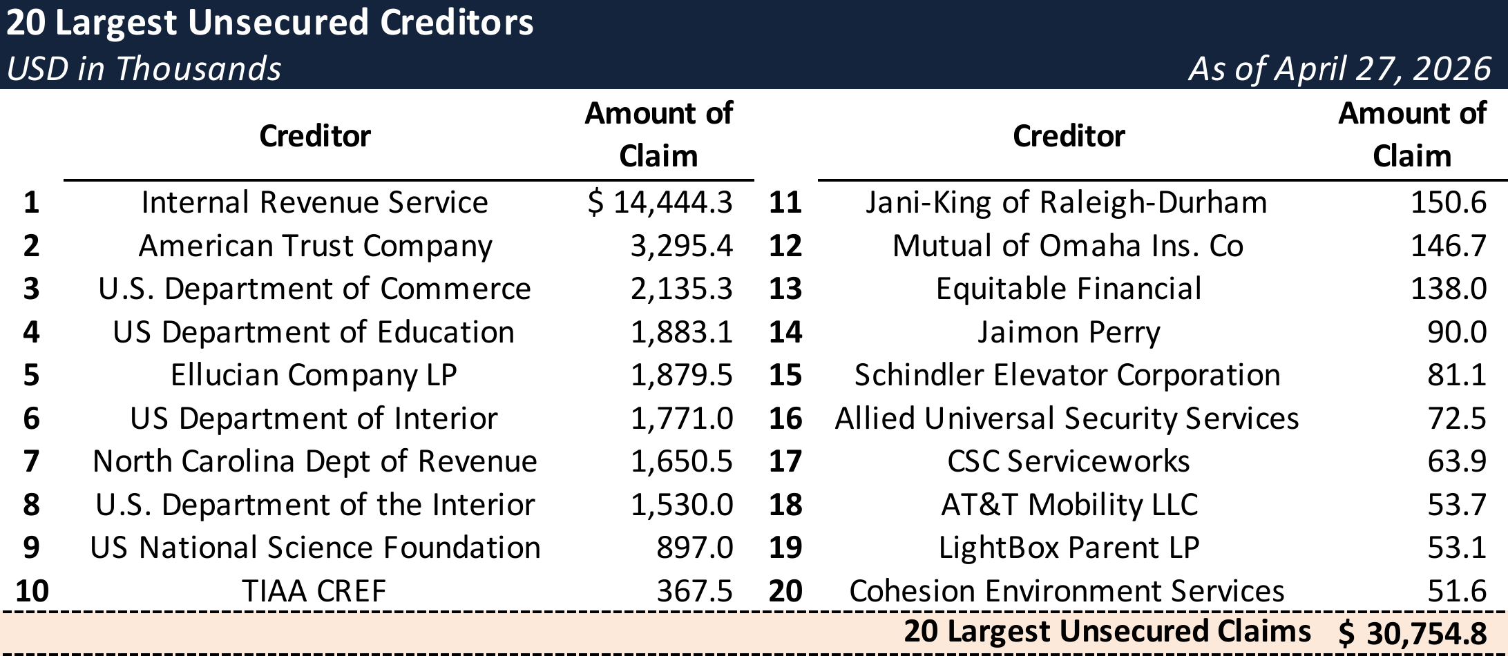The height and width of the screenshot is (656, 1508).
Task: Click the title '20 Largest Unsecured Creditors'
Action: (x=269, y=23)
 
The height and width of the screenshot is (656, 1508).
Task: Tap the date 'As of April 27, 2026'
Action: (x=1339, y=69)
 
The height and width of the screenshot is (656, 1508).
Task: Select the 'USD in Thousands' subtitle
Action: (x=144, y=69)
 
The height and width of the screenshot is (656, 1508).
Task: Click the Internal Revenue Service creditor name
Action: (x=314, y=202)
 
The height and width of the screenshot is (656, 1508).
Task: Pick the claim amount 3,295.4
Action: (x=681, y=246)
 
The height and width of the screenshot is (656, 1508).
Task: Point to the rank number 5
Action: (x=31, y=375)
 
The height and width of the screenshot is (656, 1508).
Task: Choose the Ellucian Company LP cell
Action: (x=314, y=375)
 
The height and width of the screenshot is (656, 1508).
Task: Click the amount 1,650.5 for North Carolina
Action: (x=681, y=461)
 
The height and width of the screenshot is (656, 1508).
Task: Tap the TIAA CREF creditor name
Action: (x=314, y=591)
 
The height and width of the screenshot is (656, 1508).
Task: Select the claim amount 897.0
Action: (x=694, y=548)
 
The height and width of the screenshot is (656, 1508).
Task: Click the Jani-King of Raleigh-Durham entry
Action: (x=1067, y=202)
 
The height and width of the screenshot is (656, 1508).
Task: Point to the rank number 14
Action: (x=785, y=332)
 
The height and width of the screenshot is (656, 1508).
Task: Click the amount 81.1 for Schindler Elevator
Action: (x=1457, y=375)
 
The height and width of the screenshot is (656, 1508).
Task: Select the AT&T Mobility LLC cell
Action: (x=1069, y=505)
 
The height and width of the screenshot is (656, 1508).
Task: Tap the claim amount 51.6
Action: (x=1457, y=591)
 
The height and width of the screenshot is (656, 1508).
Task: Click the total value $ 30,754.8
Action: (x=1412, y=633)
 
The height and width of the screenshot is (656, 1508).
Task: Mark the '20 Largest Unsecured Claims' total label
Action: (x=1107, y=631)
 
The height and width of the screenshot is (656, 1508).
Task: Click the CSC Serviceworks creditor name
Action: (x=1069, y=461)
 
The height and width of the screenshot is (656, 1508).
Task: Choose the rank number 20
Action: (x=785, y=591)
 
